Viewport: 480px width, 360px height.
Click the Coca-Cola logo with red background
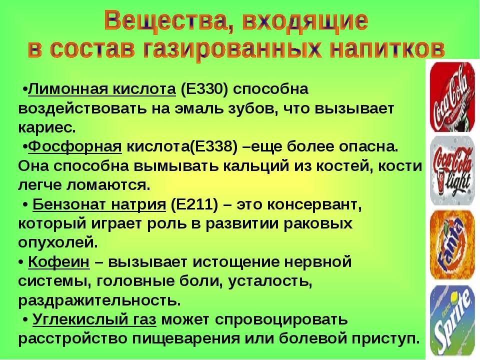452,96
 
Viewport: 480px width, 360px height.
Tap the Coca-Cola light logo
452,170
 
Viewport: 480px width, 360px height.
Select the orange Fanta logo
452,244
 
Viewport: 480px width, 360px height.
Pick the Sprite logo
452,320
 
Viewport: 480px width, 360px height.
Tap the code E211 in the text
194,204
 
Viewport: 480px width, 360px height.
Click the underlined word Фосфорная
75,147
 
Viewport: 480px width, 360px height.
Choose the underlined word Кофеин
59,262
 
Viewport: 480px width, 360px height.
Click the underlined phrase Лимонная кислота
102,89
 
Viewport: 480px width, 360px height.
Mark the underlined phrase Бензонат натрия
99,204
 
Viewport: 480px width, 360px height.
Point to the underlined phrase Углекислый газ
94,319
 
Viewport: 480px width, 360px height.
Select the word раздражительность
99,301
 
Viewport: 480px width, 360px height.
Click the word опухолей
58,243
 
